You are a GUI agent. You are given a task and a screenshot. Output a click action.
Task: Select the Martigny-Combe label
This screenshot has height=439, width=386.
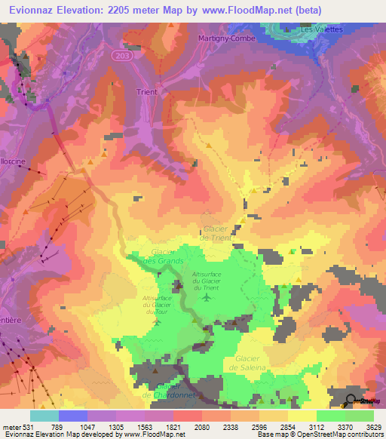227,38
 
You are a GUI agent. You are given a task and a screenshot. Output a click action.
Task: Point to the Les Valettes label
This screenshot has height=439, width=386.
321,29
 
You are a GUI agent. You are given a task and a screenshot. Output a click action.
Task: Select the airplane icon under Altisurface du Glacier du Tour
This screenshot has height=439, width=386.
156,321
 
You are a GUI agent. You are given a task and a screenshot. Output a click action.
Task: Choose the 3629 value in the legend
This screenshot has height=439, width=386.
373,427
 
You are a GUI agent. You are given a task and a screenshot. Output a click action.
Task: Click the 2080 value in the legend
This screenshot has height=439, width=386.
201,427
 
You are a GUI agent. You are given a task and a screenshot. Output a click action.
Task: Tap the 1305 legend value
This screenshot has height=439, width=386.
115,427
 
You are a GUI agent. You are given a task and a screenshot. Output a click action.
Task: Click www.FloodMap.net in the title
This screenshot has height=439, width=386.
256,11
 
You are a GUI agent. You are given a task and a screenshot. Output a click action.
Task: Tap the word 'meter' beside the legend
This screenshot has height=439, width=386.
11,427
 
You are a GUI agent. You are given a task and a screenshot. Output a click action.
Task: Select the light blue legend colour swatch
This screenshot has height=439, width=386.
44,416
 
